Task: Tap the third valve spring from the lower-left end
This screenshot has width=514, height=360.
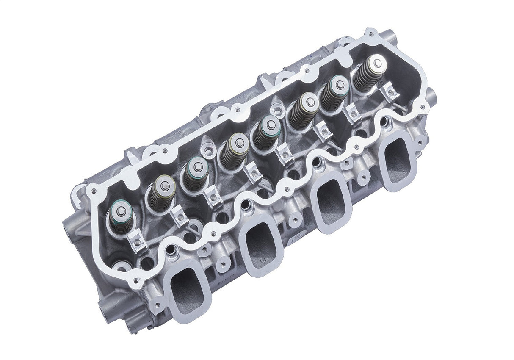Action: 195,174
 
